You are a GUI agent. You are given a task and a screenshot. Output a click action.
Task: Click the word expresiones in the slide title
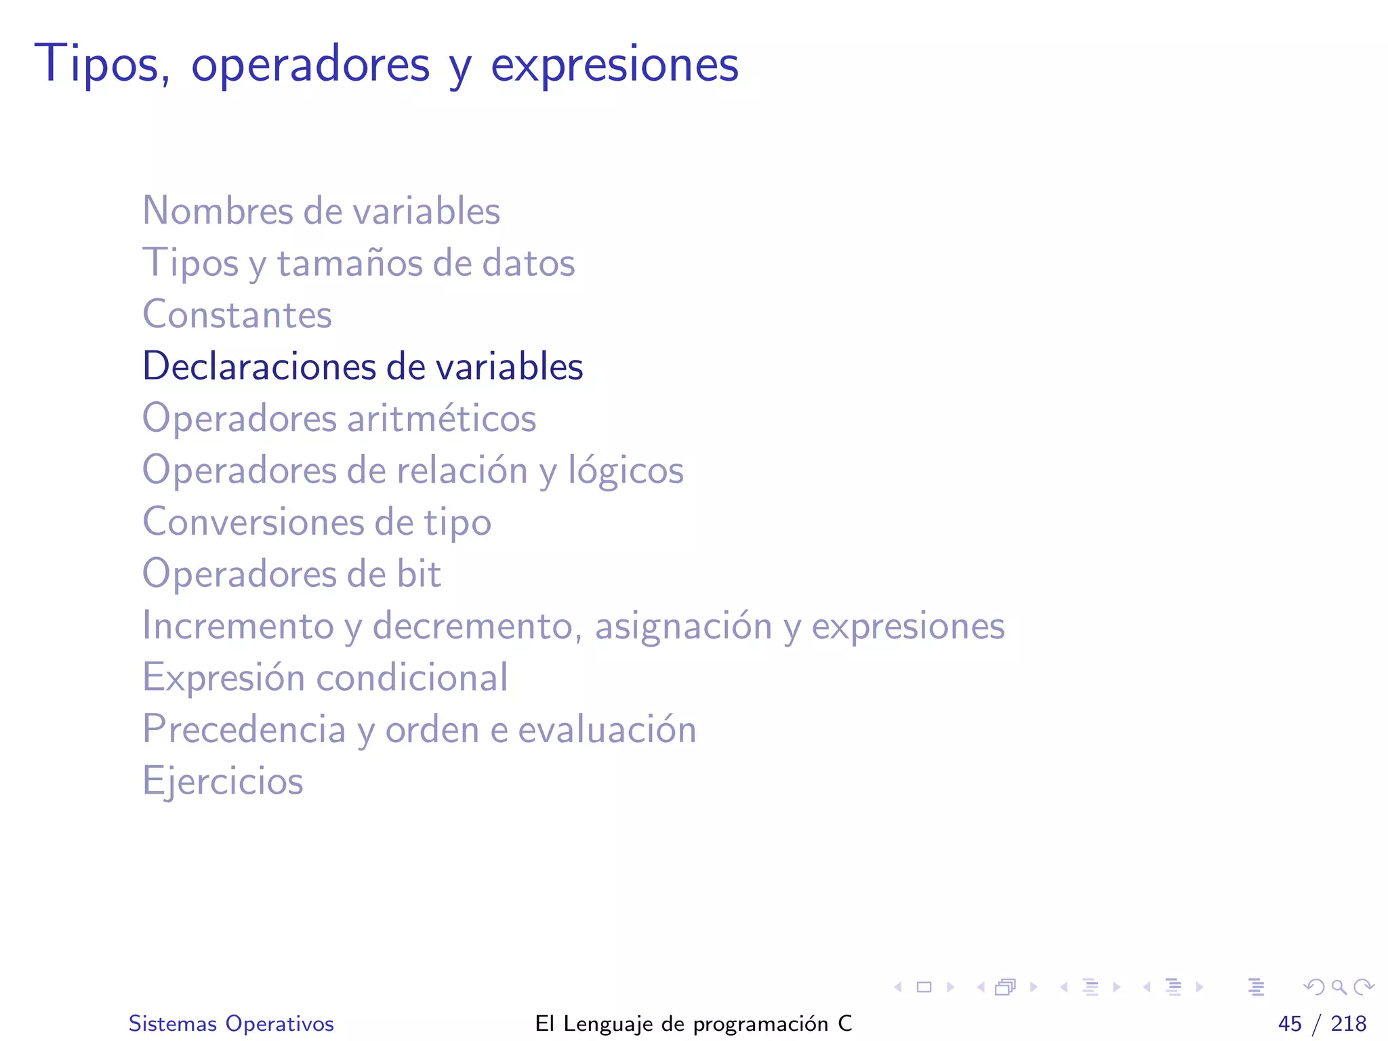pos(614,66)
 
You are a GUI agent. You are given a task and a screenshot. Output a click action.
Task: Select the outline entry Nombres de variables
pos(321,211)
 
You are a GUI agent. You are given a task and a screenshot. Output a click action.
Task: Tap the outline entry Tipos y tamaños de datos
pos(359,263)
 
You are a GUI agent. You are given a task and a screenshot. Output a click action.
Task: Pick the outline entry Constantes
pos(237,314)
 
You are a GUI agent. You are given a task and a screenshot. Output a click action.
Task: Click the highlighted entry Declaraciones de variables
pos(363,367)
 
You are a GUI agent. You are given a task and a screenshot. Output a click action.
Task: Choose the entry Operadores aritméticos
pos(339,418)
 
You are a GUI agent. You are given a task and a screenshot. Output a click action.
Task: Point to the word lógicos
pos(626,470)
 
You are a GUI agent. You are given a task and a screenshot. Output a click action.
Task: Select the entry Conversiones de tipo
pos(317,523)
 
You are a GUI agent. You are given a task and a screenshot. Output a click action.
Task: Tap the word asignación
pos(683,626)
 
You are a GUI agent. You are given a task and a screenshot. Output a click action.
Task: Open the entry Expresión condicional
pos(325,678)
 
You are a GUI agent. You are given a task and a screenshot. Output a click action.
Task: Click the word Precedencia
pos(244,730)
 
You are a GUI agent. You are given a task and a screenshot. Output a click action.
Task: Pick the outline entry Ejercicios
pos(223,781)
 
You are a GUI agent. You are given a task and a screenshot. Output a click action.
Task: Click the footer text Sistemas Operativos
pos(231,1023)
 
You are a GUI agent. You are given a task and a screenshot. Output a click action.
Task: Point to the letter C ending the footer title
pos(844,1023)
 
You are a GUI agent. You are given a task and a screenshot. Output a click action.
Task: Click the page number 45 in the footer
pos(1290,1023)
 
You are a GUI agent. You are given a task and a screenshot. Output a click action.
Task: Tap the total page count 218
pos(1349,1023)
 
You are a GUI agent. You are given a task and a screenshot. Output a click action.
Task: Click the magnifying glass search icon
pos(1339,987)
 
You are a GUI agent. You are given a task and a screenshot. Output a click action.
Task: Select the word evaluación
pos(607,730)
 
